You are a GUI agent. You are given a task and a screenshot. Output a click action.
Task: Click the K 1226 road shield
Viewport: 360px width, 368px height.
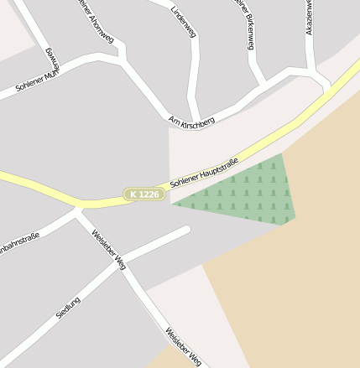[143, 194]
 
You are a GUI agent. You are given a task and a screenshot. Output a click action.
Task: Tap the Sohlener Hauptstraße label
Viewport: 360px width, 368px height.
[204, 171]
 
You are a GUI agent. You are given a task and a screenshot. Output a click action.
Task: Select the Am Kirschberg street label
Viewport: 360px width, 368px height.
[191, 121]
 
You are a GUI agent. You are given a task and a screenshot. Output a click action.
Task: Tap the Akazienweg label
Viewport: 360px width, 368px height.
[310, 17]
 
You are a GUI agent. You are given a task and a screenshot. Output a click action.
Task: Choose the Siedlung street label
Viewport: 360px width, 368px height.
[68, 306]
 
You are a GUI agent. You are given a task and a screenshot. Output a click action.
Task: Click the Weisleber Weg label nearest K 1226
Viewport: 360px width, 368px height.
[108, 249]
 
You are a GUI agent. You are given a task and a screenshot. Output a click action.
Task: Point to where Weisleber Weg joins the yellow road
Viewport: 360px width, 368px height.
[78, 207]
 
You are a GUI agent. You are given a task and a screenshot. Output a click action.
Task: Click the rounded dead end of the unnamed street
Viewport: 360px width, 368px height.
[186, 228]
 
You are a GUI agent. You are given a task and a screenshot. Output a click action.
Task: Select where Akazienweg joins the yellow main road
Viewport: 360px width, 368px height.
[329, 87]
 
